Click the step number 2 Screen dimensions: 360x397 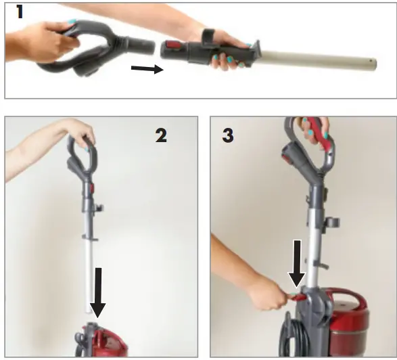tap(161, 135)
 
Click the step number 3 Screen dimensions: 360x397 tap(228, 135)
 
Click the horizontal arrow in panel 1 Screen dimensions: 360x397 tap(147, 68)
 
